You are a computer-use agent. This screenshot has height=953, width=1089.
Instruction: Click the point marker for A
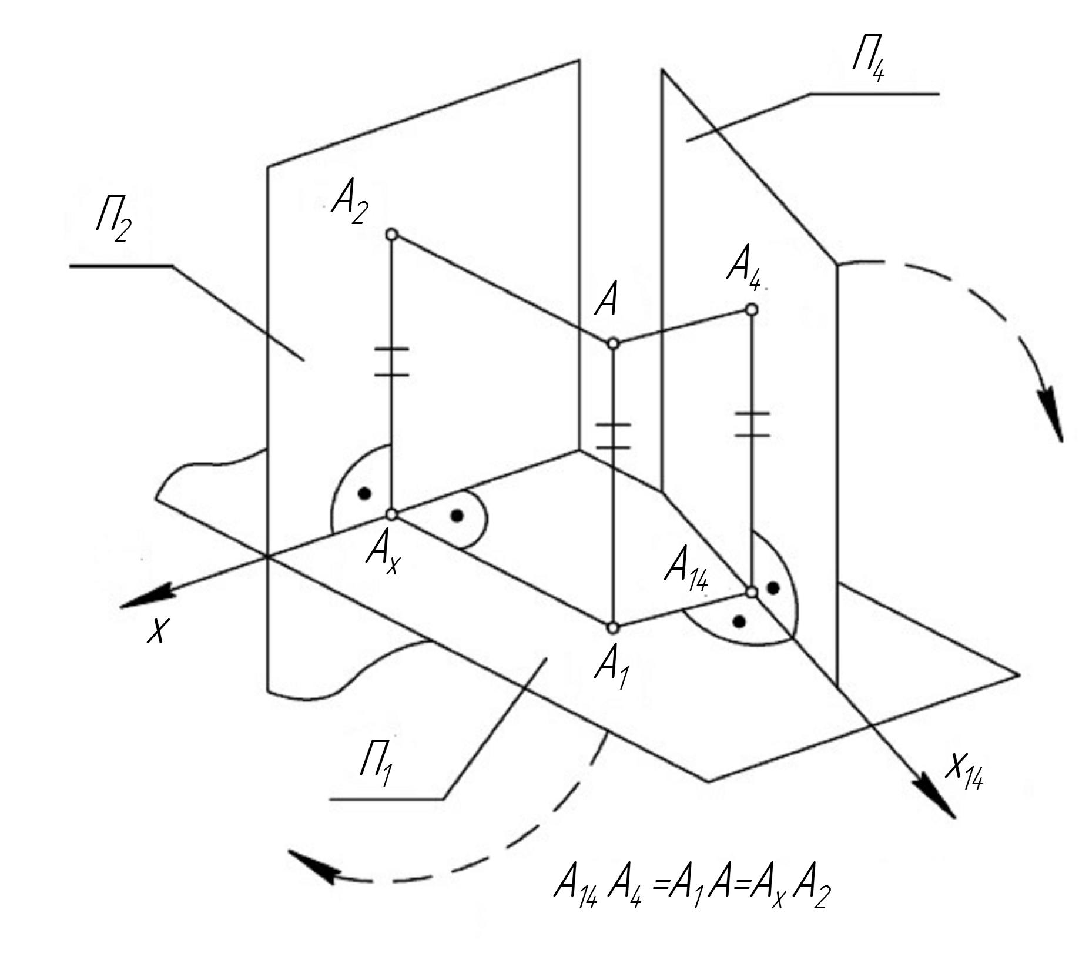613,343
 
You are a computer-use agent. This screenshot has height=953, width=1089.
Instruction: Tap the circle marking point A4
751,309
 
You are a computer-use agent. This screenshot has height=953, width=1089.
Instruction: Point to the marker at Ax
392,514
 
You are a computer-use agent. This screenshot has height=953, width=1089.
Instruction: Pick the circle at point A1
613,628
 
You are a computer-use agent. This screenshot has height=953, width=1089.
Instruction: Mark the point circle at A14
752,592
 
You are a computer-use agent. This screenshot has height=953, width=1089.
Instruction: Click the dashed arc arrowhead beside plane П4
1051,418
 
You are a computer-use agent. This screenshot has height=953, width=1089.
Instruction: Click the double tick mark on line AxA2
392,361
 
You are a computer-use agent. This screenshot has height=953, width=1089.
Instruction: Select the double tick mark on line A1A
613,435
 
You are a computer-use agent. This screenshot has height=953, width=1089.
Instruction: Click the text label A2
350,205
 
